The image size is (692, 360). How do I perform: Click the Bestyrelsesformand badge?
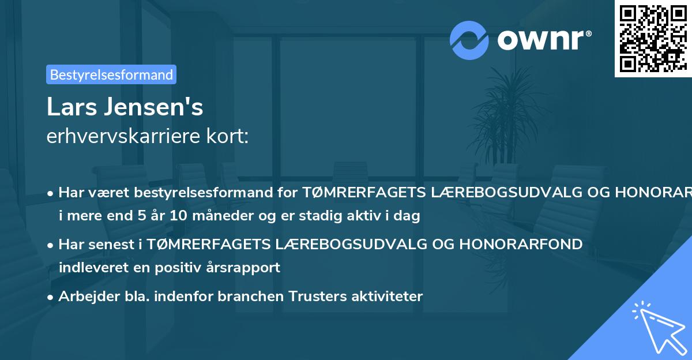coord(111,74)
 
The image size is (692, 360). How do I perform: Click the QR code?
coord(652,38)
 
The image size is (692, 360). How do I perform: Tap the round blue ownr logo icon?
coord(469,40)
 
